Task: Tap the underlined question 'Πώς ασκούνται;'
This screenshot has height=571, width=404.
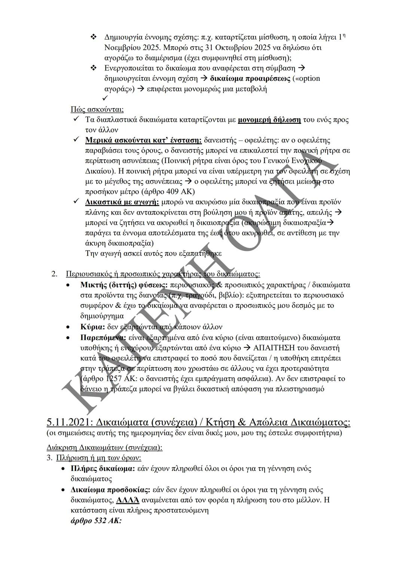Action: coord(97,110)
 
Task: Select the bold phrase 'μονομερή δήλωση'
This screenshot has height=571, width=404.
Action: coord(269,120)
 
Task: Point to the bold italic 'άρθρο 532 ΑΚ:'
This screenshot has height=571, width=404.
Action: coord(96,520)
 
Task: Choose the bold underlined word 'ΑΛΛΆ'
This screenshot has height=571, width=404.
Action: coord(128,500)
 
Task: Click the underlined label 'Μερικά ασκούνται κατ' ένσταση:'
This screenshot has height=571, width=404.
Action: coord(143,141)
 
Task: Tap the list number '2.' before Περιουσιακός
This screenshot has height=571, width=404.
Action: coord(55,274)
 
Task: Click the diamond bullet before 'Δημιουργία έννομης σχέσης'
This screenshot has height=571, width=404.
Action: coord(94,37)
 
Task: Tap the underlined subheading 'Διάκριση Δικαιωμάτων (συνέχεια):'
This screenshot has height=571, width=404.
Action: coord(104,448)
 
